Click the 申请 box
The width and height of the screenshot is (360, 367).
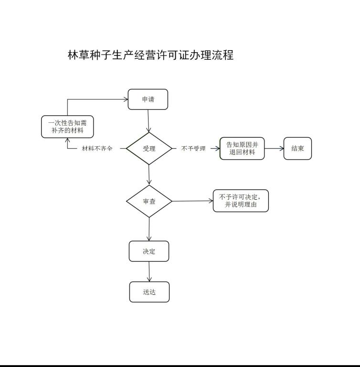(148, 99)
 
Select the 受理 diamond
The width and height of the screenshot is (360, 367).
(149, 149)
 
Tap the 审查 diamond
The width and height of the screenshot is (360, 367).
(149, 201)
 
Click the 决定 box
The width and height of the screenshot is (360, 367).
(149, 251)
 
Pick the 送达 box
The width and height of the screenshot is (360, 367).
(149, 292)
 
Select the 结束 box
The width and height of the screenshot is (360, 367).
(297, 149)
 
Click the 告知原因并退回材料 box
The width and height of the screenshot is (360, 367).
(242, 149)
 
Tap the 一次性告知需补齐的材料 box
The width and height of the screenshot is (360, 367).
(67, 127)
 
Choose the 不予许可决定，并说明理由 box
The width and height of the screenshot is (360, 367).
(241, 201)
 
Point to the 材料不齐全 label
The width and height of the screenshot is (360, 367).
(97, 149)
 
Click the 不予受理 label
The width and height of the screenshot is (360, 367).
(193, 149)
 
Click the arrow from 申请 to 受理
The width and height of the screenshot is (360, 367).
(148, 121)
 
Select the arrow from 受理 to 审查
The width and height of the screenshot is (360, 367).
(149, 175)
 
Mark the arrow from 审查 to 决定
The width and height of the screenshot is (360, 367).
(149, 229)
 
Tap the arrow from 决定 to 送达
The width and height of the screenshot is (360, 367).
(149, 271)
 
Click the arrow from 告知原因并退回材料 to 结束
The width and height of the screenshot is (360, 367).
(274, 149)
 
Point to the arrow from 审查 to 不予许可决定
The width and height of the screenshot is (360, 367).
(192, 201)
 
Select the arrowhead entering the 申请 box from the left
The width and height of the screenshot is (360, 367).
(127, 99)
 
